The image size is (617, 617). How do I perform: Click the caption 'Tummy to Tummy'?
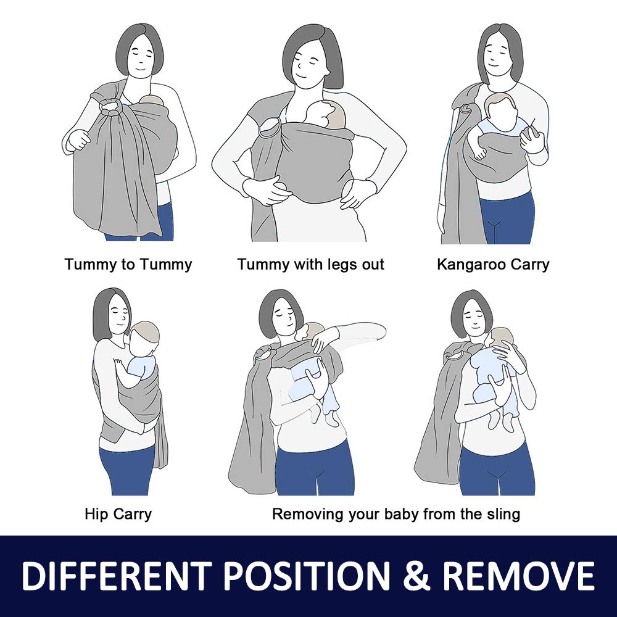pyautogui.click(x=128, y=265)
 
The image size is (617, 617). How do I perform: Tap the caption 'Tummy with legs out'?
pyautogui.click(x=310, y=265)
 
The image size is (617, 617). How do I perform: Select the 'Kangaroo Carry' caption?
pyautogui.click(x=493, y=265)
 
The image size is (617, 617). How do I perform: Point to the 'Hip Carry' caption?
pyautogui.click(x=118, y=515)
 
